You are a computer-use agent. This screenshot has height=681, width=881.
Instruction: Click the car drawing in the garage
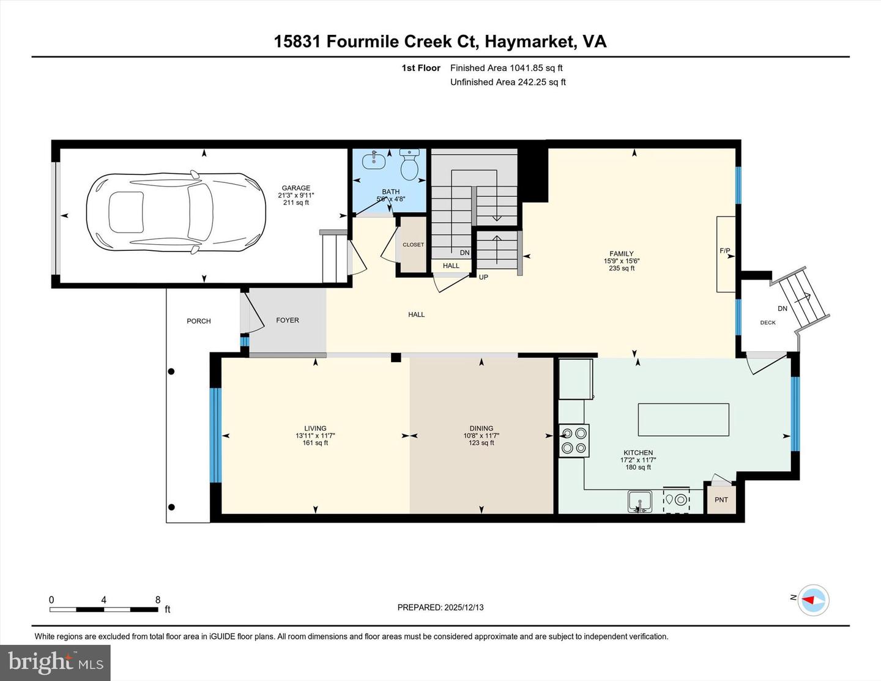(176, 212)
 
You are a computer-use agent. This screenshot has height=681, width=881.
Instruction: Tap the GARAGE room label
(296, 188)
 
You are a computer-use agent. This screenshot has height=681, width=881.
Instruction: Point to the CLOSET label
(413, 245)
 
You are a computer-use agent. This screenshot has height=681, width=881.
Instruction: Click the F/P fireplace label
(725, 251)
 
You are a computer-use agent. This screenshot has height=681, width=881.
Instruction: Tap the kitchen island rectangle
(683, 419)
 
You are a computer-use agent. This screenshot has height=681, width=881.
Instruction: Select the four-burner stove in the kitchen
(574, 441)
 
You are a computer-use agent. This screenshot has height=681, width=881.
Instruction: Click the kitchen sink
(640, 501)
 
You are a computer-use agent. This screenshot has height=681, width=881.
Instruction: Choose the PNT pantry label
(721, 500)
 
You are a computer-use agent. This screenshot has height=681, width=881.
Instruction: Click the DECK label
(767, 322)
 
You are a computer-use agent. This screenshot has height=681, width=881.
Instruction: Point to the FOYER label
(288, 320)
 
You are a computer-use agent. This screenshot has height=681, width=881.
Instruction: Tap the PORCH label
(199, 321)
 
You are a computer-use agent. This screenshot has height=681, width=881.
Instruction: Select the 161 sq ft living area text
(315, 443)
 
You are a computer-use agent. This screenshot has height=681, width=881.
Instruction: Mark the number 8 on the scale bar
(158, 600)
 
